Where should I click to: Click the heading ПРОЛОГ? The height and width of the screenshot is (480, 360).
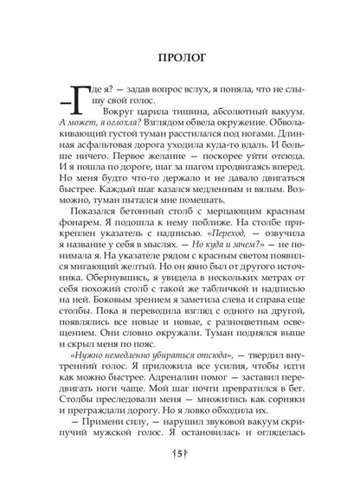[180, 61]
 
